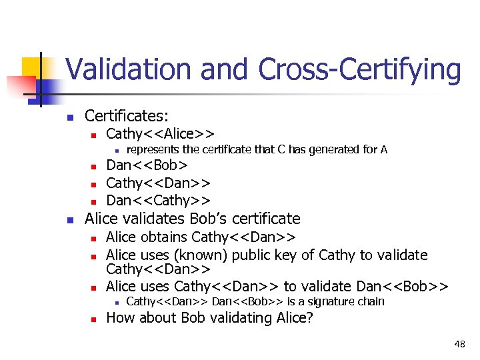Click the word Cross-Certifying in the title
[x=359, y=70]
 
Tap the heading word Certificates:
[x=127, y=115]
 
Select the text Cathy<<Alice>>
[x=160, y=133]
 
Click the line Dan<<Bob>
[x=147, y=165]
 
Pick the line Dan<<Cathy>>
[x=159, y=200]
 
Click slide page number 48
[x=459, y=344]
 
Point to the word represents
[x=153, y=149]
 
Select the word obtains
[x=167, y=237]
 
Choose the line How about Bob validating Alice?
[x=209, y=318]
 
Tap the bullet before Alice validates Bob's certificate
[x=70, y=219]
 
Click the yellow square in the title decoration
[x=32, y=67]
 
